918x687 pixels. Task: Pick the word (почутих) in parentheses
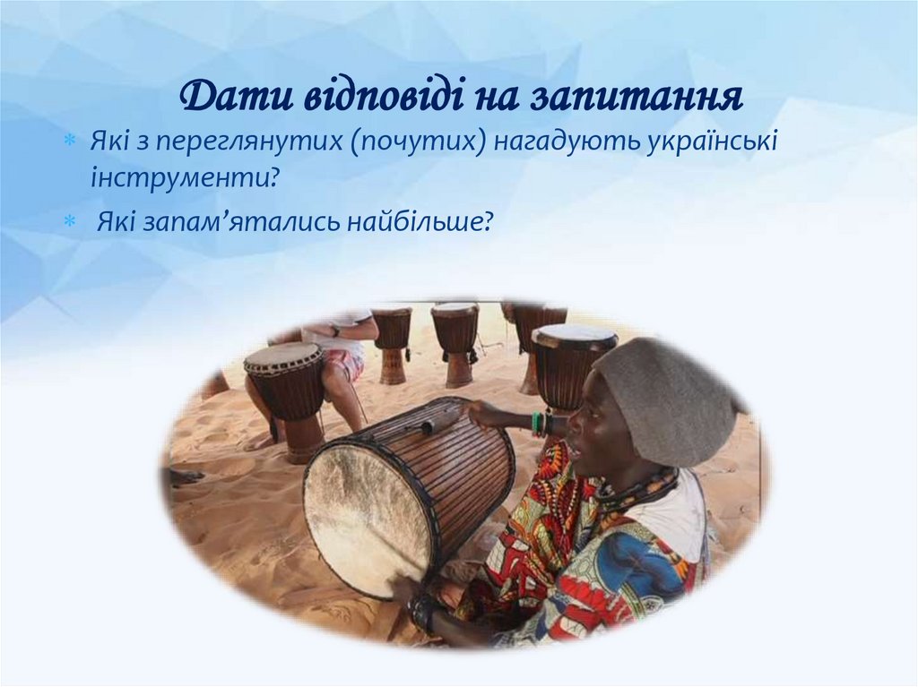click(x=419, y=142)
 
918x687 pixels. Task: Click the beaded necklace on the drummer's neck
click(x=641, y=489)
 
